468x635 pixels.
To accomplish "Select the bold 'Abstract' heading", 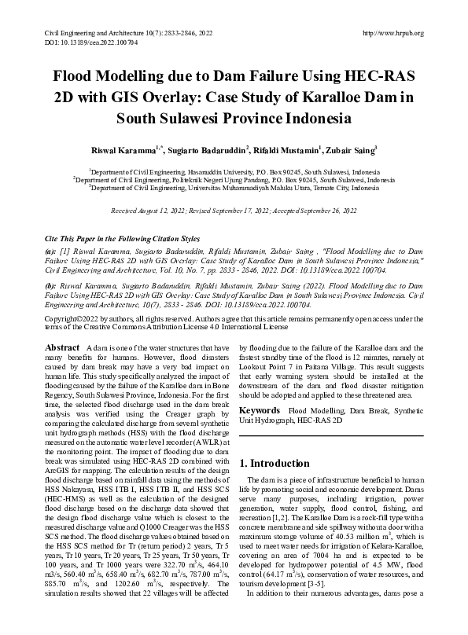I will coord(62,347).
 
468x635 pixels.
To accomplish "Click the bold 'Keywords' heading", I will coord(260,411).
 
